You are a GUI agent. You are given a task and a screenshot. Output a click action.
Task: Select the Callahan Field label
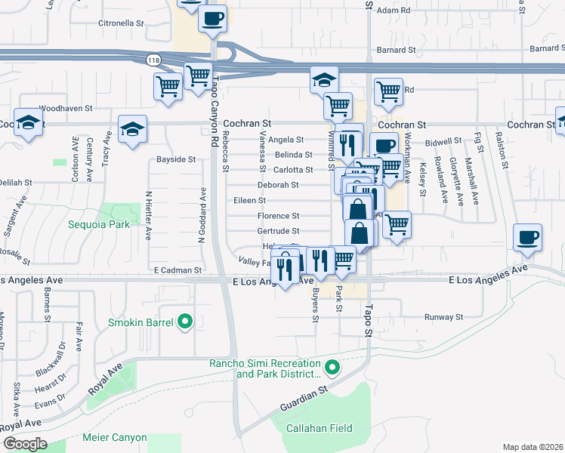pos(319,428)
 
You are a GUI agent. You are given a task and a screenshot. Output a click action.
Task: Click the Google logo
pos(25,443)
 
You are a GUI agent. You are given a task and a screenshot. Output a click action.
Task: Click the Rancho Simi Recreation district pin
pos(332,369)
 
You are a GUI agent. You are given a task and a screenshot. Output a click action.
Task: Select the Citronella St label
pos(121,23)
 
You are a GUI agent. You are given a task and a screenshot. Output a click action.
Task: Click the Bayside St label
pos(176,159)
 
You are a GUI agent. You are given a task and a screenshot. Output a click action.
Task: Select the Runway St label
pos(443,317)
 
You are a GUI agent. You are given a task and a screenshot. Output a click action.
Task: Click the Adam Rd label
pos(393,11)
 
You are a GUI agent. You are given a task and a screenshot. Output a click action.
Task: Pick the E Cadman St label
pos(178,270)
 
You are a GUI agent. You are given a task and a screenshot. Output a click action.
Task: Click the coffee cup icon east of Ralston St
pos(527,237)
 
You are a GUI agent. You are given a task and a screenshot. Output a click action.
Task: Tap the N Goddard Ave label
pos(202,215)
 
